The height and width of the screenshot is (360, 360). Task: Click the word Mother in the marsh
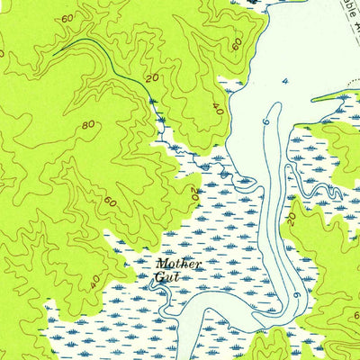point(177,265)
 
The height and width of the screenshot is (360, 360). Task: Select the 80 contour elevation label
point(89,125)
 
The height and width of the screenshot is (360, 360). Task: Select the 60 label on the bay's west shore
point(236,43)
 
